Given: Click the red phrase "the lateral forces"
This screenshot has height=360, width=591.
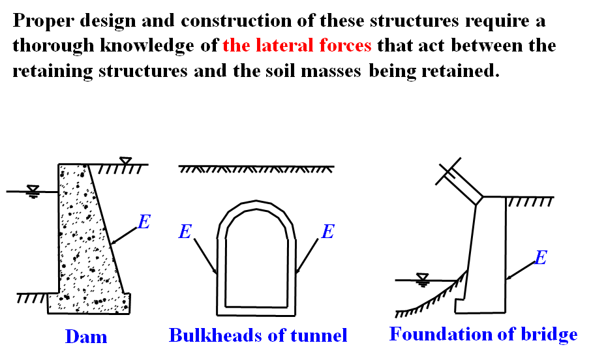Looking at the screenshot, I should [297, 46].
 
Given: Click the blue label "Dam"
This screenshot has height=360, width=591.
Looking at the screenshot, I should [85, 337].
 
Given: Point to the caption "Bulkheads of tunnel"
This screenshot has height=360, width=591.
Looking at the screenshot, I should [258, 335].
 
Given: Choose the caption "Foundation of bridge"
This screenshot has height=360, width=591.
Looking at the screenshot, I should [483, 335].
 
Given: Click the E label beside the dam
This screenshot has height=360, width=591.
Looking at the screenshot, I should [144, 222].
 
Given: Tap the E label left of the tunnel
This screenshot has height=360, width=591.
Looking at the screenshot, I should [185, 232].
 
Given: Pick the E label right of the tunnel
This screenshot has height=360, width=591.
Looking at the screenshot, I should [328, 232].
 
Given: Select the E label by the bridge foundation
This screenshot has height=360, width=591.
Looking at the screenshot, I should [540, 258].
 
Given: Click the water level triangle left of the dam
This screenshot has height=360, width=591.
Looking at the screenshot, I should [33, 190].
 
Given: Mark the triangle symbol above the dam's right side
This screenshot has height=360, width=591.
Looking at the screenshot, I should [126, 160].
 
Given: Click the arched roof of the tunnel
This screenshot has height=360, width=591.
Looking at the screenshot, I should [255, 209].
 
